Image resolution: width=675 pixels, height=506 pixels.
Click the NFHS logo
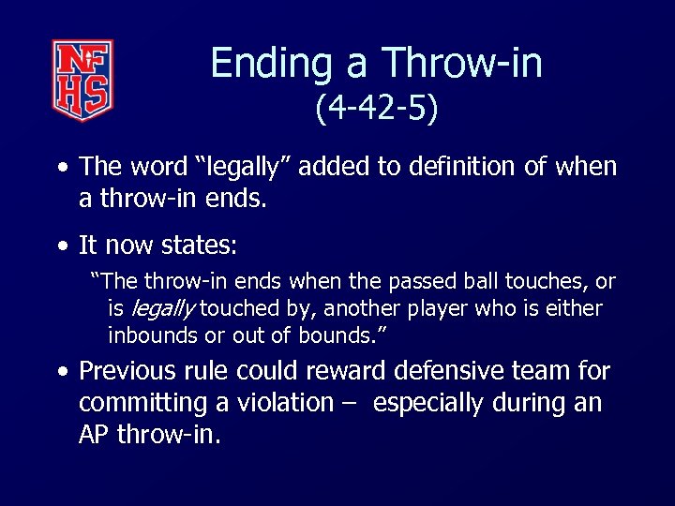click(82, 81)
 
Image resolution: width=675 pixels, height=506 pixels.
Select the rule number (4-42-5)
click(376, 110)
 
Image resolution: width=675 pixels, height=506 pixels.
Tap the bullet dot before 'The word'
click(62, 168)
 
